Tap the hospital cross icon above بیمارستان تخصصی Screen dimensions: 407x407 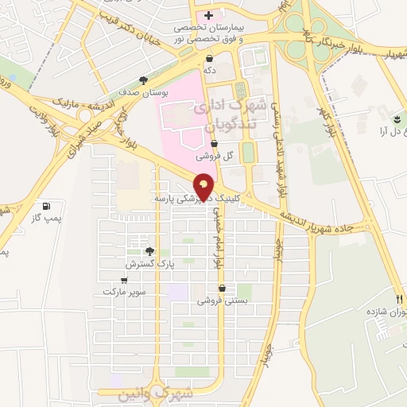tap(208, 15)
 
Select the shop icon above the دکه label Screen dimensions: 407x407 tap(209, 58)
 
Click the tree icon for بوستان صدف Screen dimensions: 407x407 tap(143, 80)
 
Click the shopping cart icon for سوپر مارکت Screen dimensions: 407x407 tap(124, 281)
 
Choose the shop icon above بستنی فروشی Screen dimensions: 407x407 tap(221, 289)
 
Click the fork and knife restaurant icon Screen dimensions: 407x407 tap(399, 289)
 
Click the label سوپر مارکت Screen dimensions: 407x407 tap(124, 293)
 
